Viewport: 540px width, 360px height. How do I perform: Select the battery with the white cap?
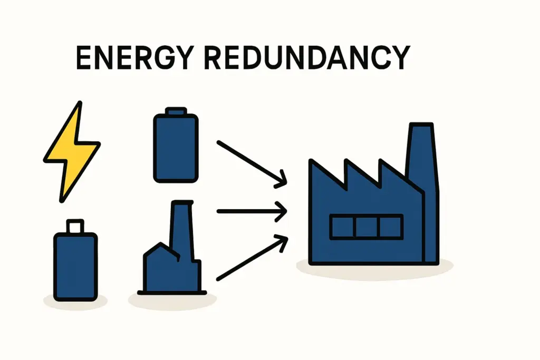pyautogui.click(x=75, y=266)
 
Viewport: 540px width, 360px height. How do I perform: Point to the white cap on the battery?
pyautogui.click(x=75, y=226)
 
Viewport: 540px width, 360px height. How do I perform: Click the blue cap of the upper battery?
pyautogui.click(x=176, y=111)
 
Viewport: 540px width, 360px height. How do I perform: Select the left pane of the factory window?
pyautogui.click(x=342, y=227)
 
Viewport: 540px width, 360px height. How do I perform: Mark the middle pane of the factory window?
pyautogui.click(x=367, y=227)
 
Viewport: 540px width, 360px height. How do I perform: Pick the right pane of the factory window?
pyautogui.click(x=391, y=227)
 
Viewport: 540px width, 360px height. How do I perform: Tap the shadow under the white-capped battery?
pyautogui.click(x=75, y=302)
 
